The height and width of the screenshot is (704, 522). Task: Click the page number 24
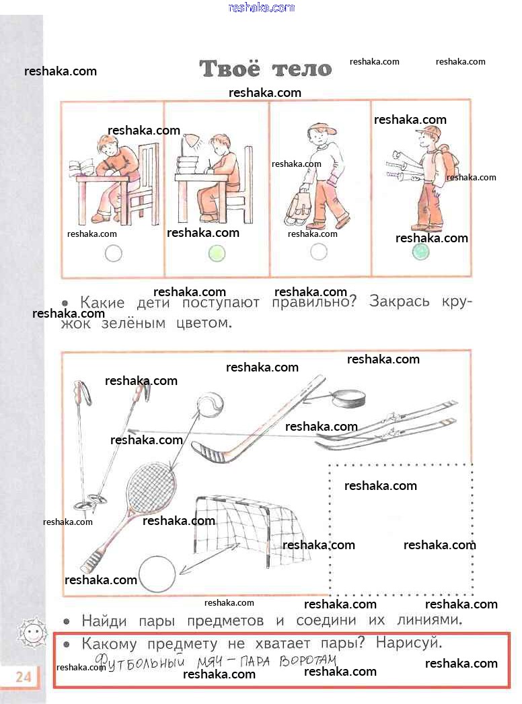click(x=24, y=676)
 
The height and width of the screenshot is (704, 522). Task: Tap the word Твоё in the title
click(x=229, y=68)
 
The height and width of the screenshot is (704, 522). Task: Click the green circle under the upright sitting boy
click(x=217, y=254)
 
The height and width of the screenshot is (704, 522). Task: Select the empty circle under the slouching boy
click(x=113, y=254)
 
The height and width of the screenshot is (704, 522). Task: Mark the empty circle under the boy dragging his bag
click(x=319, y=252)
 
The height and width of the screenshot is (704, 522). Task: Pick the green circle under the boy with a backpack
click(x=420, y=252)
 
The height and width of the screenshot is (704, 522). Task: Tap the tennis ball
click(x=210, y=404)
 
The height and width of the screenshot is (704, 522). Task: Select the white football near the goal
click(x=157, y=575)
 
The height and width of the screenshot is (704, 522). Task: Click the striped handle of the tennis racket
click(x=93, y=561)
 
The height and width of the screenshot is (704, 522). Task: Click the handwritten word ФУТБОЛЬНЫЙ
click(x=140, y=662)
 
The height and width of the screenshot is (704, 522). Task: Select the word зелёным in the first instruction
click(x=133, y=323)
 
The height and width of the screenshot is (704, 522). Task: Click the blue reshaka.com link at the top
click(x=262, y=7)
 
